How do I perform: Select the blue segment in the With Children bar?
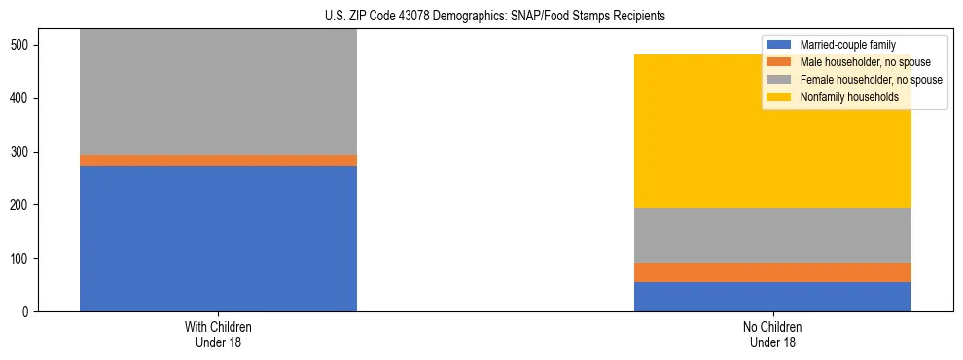[x=218, y=238]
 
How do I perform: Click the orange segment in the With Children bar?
[x=218, y=161]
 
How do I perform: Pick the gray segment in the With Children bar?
[x=218, y=92]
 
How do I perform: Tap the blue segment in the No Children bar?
[x=772, y=297]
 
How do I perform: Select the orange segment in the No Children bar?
[x=772, y=272]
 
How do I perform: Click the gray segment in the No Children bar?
[x=772, y=235]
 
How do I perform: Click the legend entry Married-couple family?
[x=847, y=45]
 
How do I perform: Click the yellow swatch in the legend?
[x=780, y=97]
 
